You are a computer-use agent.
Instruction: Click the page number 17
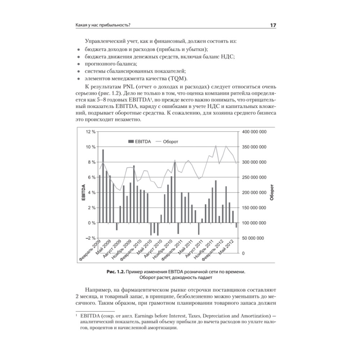tap(273, 25)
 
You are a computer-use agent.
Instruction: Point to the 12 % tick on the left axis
tap(90, 132)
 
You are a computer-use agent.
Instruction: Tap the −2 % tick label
tap(90, 238)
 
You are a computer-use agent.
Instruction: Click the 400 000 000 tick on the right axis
tap(254, 132)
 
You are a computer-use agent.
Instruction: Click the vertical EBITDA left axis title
tap(83, 192)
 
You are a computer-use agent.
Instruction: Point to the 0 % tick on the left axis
tap(91, 223)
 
